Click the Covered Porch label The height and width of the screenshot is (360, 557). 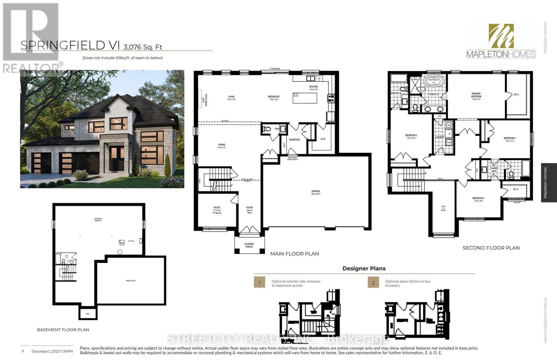[x=249, y=245]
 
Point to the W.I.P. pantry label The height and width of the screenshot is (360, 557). [x=323, y=139]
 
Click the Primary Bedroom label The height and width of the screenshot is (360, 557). [x=476, y=95]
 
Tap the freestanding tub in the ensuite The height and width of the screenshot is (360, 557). [x=433, y=82]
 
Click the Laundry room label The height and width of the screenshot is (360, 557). [x=439, y=137]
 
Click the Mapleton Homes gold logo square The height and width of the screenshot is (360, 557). [x=501, y=36]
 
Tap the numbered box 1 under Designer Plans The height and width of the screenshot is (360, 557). [x=259, y=282]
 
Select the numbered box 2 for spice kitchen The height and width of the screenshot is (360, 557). [x=373, y=282]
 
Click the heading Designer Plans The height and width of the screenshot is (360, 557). [x=364, y=269]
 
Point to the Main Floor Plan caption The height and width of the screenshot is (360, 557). [x=295, y=254]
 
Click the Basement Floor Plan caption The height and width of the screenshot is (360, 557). [x=63, y=330]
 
